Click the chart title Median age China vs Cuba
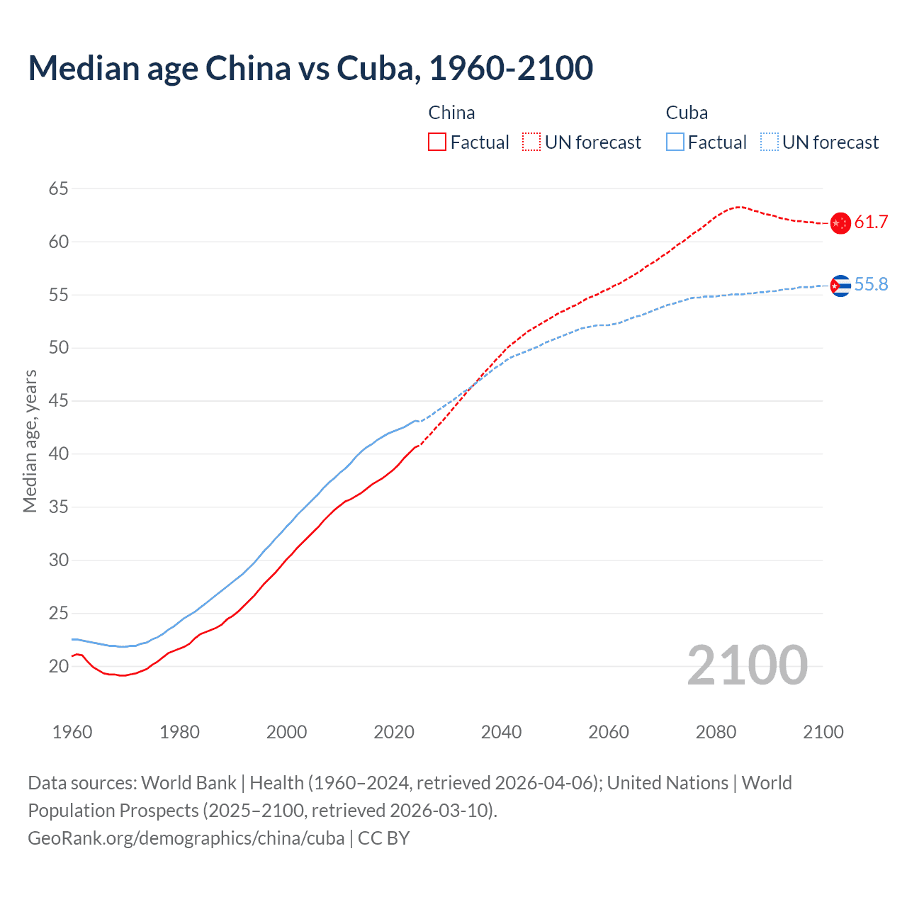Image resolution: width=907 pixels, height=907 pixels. pyautogui.click(x=310, y=69)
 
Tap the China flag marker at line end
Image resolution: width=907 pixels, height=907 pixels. pyautogui.click(x=840, y=223)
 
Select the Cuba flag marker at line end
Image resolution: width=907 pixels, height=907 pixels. pyautogui.click(x=840, y=286)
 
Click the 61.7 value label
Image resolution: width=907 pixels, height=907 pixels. pyautogui.click(x=871, y=222)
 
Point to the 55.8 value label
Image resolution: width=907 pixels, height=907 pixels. pyautogui.click(x=871, y=285)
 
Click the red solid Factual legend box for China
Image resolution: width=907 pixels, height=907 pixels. pyautogui.click(x=437, y=142)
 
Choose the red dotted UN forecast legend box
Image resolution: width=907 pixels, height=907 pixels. pyautogui.click(x=531, y=142)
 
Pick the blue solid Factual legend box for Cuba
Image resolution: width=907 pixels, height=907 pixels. pyautogui.click(x=675, y=142)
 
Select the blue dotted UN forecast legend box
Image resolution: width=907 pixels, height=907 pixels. pyautogui.click(x=769, y=142)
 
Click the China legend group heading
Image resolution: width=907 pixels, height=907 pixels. pyautogui.click(x=451, y=113)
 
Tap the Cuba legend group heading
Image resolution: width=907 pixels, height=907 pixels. pyautogui.click(x=687, y=113)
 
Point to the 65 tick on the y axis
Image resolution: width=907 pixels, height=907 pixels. pyautogui.click(x=59, y=189)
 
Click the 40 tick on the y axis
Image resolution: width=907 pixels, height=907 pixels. pyautogui.click(x=59, y=454)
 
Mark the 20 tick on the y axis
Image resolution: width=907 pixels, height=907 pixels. pyautogui.click(x=59, y=666)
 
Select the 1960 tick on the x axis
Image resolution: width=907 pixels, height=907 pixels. pyautogui.click(x=72, y=732)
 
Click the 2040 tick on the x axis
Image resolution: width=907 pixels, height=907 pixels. pyautogui.click(x=501, y=732)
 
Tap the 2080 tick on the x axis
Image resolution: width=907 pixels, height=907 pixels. pyautogui.click(x=716, y=732)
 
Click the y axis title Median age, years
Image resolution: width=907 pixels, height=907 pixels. pyautogui.click(x=30, y=441)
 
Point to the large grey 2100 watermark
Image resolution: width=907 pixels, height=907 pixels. pyautogui.click(x=747, y=665)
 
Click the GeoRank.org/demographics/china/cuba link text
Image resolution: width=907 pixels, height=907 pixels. pyautogui.click(x=186, y=838)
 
